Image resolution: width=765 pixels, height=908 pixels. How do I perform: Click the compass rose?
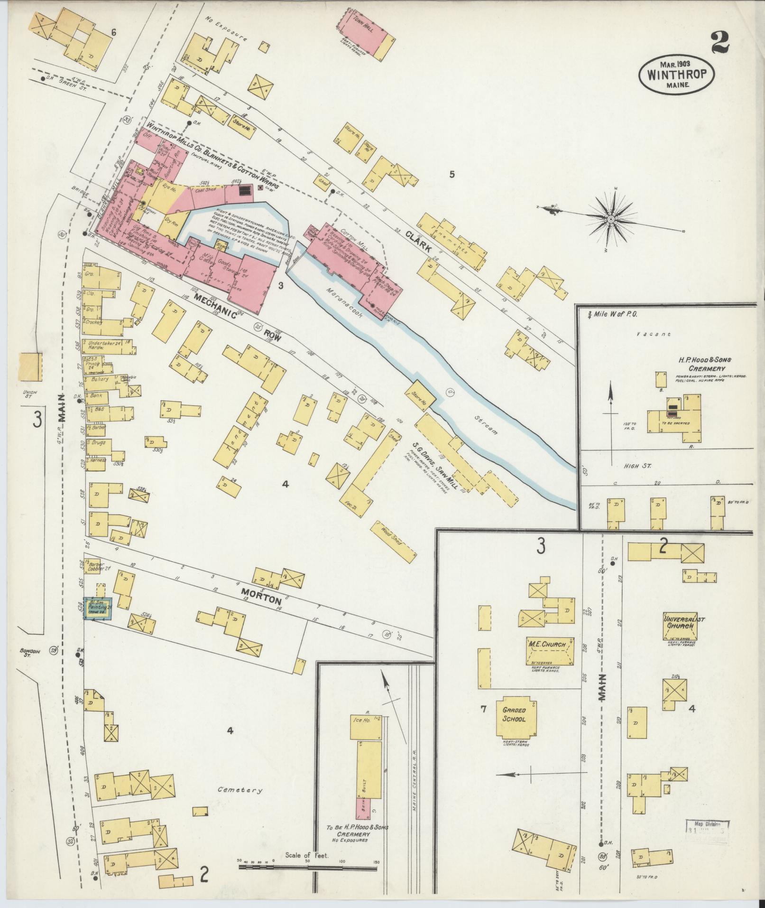coord(611,219)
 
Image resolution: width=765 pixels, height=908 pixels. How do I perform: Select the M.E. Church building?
coord(550,651)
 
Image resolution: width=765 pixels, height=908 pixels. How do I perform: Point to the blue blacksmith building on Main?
coord(98,608)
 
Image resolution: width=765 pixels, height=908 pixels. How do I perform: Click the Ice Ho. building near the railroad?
coord(365,726)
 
